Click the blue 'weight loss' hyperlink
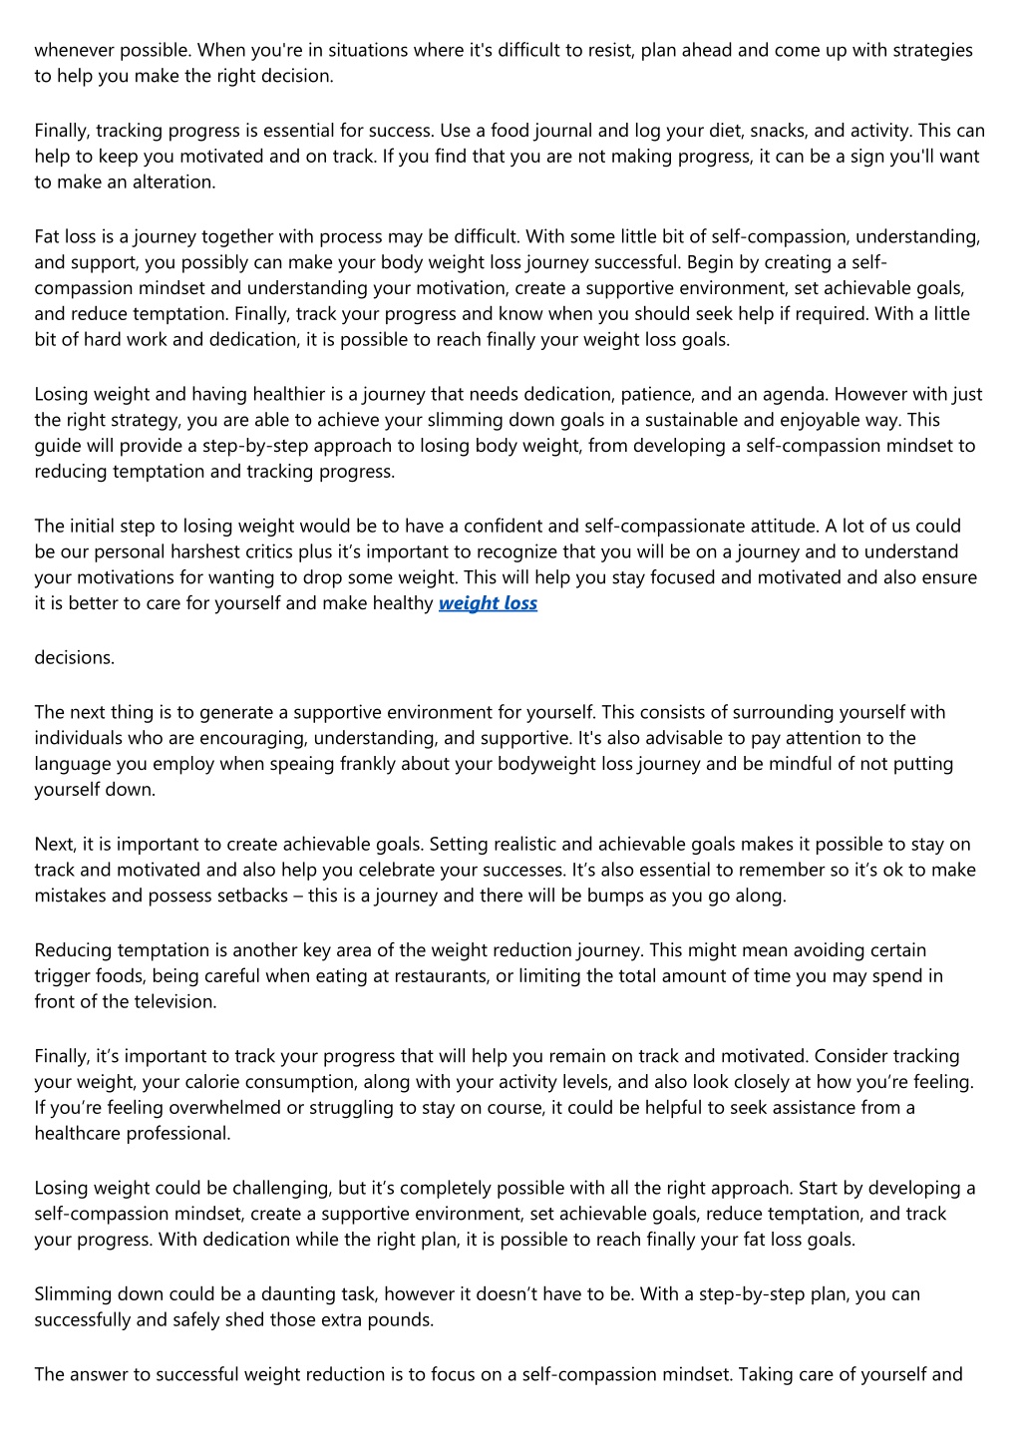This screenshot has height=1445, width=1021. click(x=488, y=603)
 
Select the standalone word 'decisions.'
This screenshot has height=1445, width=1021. click(x=74, y=658)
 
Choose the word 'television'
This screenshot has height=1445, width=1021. click(x=172, y=1002)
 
